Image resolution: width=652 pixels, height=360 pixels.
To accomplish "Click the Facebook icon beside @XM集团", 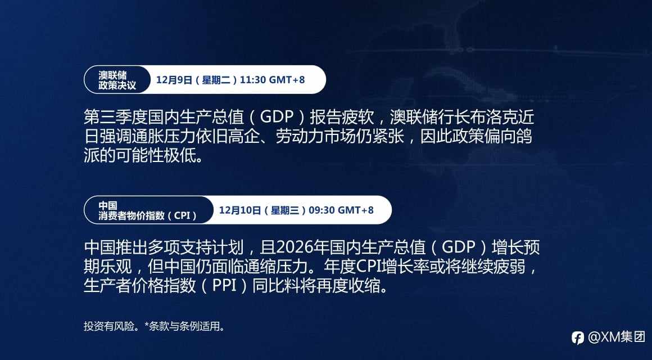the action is [x=578, y=337].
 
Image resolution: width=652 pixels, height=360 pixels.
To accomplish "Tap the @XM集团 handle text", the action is [x=617, y=337].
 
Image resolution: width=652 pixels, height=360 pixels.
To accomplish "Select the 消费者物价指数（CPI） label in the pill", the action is [x=148, y=215].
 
